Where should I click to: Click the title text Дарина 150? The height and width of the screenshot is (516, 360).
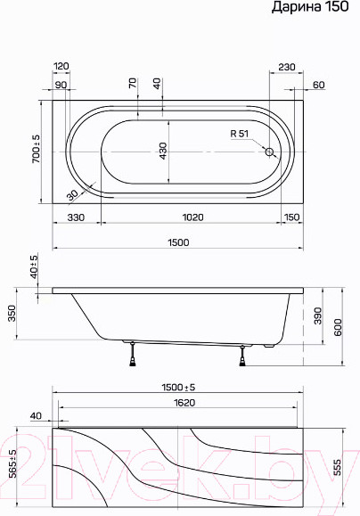(x=315, y=9)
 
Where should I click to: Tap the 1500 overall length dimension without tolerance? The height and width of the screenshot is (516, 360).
(x=176, y=242)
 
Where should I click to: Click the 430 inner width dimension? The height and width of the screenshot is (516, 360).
(x=162, y=153)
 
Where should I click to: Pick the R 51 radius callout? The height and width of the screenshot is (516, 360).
(x=241, y=134)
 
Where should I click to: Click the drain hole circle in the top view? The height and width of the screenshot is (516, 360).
(x=269, y=152)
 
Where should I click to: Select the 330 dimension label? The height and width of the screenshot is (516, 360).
(x=76, y=217)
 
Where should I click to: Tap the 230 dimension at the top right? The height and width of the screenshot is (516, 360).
(x=287, y=67)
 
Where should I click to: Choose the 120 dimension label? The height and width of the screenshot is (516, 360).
(x=61, y=67)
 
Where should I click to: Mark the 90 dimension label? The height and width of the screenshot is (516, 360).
(x=61, y=85)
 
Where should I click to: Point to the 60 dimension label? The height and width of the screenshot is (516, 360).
(x=318, y=85)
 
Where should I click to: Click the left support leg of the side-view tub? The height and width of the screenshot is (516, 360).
(x=134, y=353)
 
